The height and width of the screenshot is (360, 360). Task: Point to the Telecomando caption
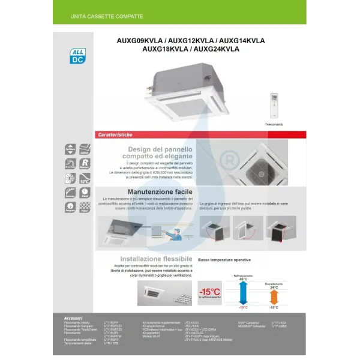(x=274, y=124)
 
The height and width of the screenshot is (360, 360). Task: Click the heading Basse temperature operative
(x=224, y=260)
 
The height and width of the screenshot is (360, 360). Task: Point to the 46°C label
(x=243, y=279)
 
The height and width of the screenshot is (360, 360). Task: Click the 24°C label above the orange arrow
(x=274, y=287)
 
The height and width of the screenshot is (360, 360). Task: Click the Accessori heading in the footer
(x=73, y=317)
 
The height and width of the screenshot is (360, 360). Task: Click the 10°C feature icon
(x=85, y=178)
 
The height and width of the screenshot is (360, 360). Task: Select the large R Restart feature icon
(x=85, y=163)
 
